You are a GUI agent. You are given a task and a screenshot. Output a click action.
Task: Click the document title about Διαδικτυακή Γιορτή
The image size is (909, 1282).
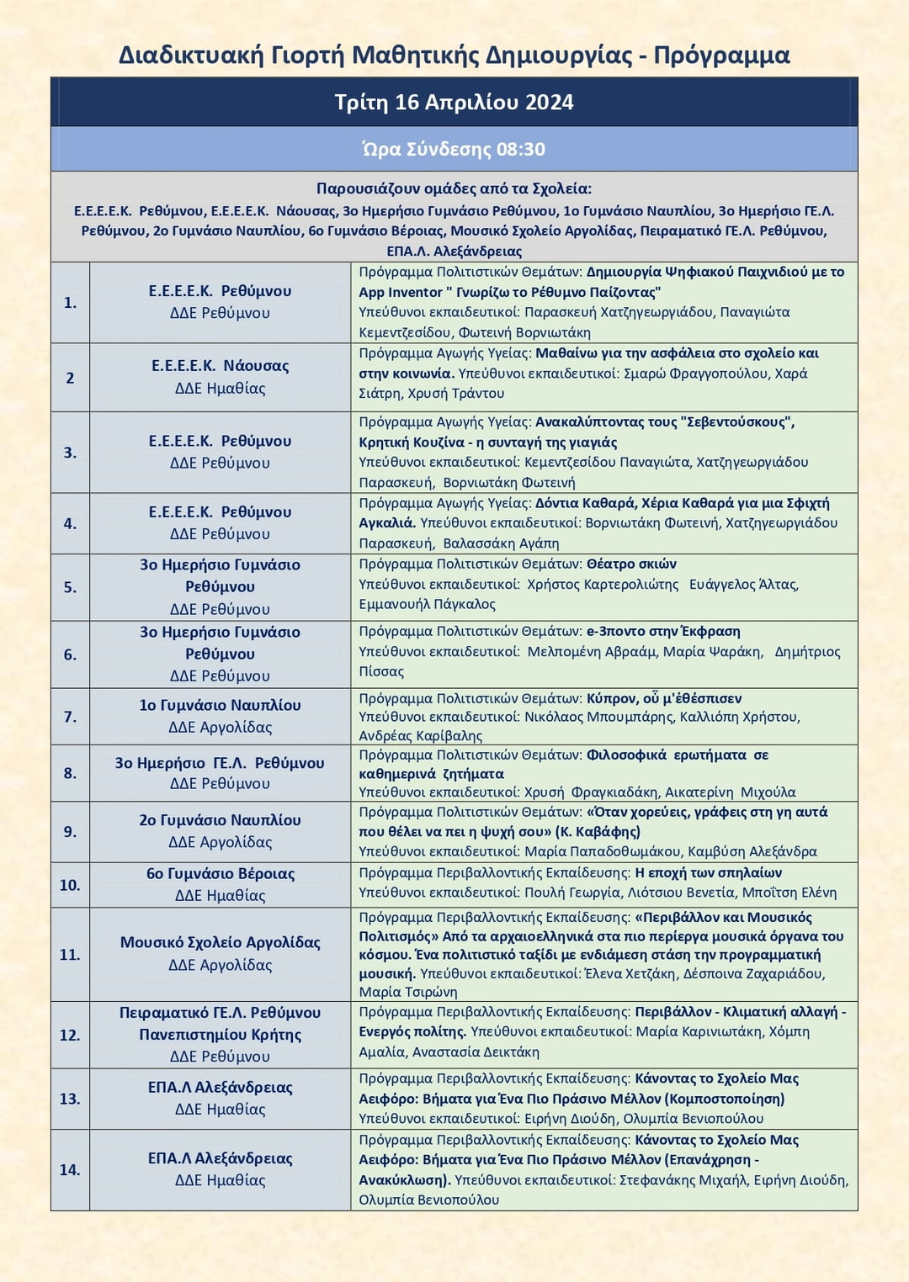click(x=454, y=56)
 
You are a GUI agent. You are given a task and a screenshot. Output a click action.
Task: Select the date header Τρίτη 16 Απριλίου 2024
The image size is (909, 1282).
click(x=454, y=103)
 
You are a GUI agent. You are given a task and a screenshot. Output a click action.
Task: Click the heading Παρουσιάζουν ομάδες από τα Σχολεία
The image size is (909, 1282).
click(x=454, y=188)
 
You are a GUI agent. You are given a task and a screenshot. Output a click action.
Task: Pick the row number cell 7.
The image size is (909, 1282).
click(x=70, y=717)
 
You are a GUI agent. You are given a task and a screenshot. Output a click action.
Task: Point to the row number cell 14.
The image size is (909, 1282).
click(x=70, y=1169)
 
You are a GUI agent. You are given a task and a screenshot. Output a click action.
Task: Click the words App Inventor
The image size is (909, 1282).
click(x=401, y=292)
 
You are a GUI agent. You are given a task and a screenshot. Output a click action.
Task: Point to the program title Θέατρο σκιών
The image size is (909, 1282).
click(x=631, y=564)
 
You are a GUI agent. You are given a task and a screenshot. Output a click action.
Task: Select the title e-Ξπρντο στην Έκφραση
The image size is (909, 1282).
click(x=663, y=631)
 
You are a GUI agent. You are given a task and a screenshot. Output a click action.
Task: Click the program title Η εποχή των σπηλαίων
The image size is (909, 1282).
click(x=708, y=872)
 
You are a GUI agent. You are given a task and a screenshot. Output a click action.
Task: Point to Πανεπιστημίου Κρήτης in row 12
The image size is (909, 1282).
click(x=220, y=1034)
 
